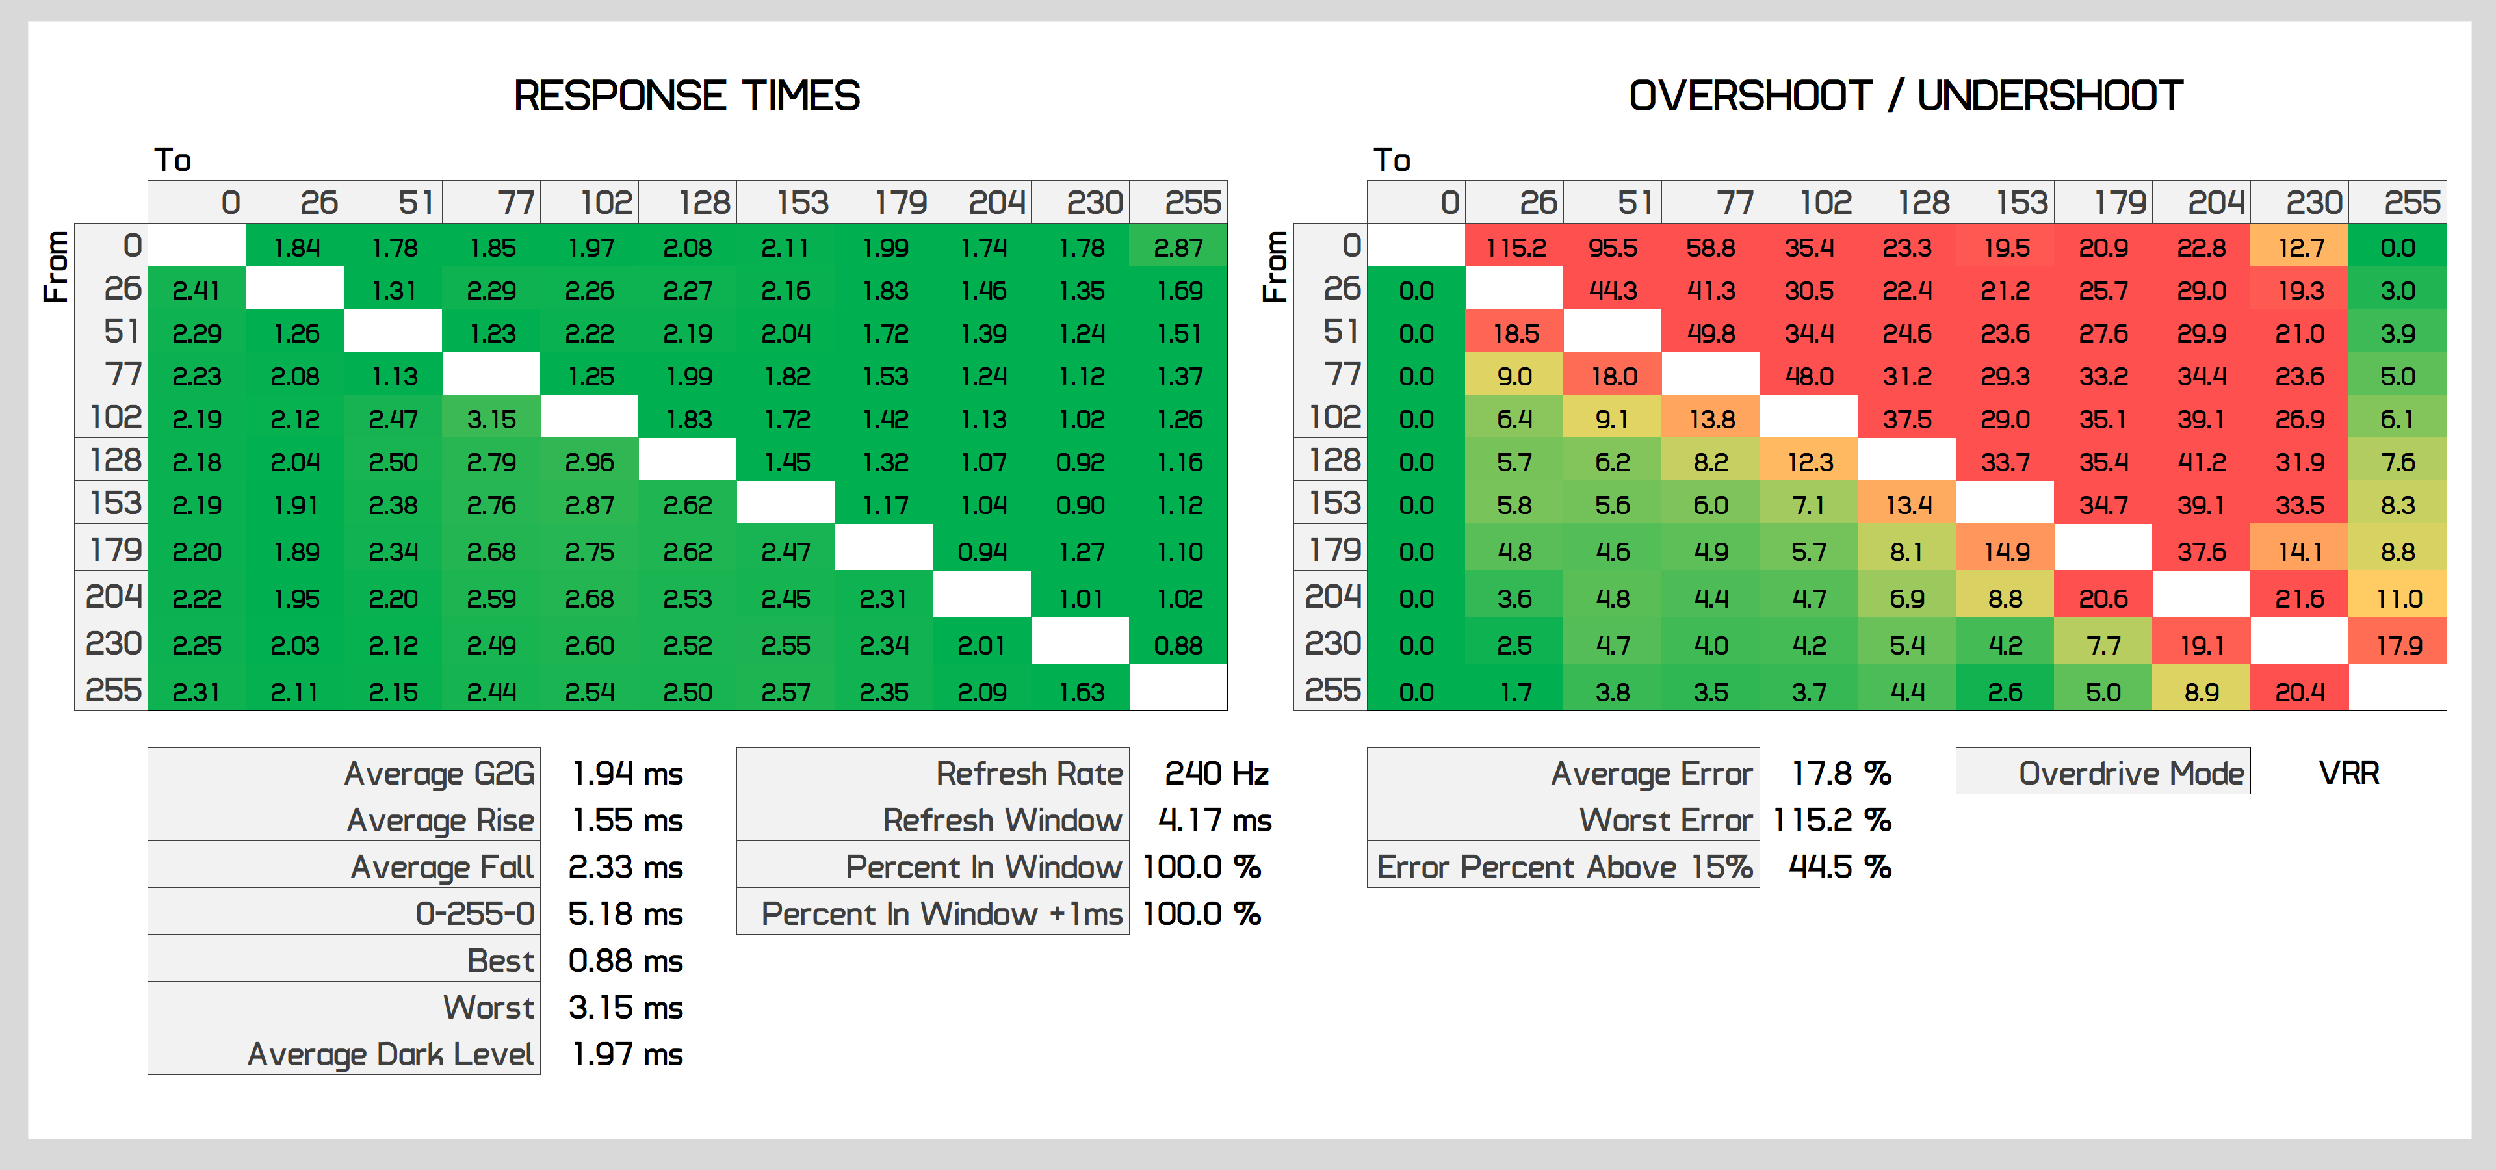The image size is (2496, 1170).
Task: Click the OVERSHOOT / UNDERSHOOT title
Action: coord(1905,96)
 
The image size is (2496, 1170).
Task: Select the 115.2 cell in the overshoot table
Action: coord(1514,248)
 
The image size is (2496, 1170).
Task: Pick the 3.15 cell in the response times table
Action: coord(491,419)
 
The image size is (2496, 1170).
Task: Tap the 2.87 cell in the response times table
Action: coord(1178,248)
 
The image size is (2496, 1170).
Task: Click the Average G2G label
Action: coord(439,773)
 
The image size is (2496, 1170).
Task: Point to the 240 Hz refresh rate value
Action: coord(1216,773)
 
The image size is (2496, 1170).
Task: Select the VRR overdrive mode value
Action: coord(2348,773)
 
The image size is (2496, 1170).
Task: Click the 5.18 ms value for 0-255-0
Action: coord(625,913)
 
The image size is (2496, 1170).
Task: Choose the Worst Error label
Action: coord(1665,820)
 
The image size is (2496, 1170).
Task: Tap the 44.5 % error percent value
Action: coord(1839,867)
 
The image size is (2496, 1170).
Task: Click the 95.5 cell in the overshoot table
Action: coord(1612,248)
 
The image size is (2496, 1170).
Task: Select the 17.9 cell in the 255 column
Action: coord(2398,645)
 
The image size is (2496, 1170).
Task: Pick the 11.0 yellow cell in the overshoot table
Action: coord(2398,599)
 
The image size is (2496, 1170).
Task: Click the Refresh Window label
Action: coord(1002,820)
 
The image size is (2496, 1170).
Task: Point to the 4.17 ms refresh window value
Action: coord(1214,820)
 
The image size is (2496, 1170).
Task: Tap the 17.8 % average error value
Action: coord(1840,773)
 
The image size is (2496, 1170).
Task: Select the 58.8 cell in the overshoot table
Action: coord(1710,248)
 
